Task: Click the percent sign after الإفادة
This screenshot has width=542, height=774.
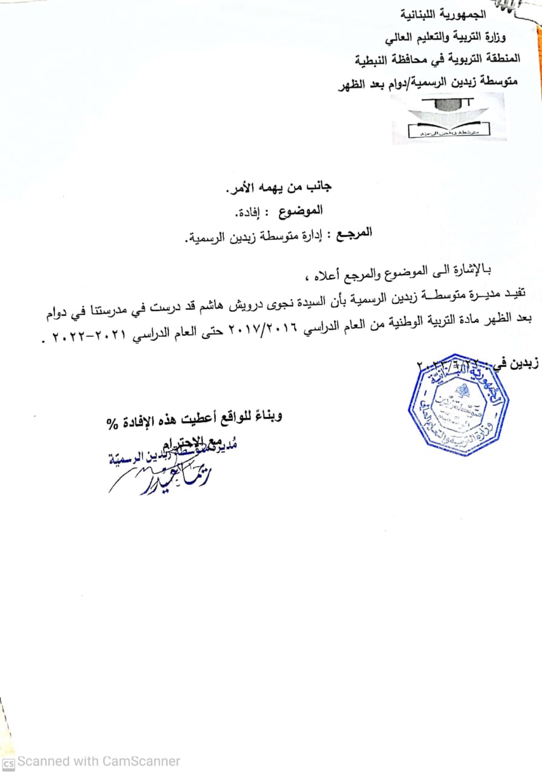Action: [x=111, y=423]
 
